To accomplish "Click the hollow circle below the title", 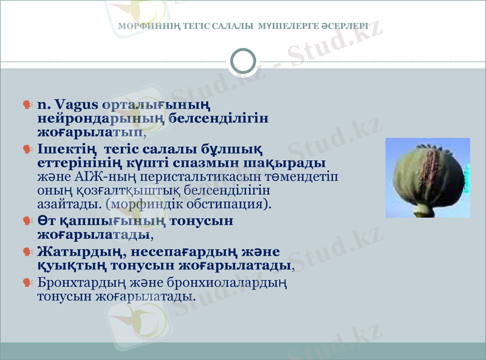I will click(244, 61).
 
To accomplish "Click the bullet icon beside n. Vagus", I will click(27, 105).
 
